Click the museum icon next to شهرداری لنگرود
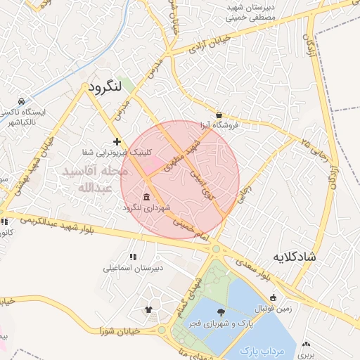click(146, 197)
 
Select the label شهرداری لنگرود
click(146, 208)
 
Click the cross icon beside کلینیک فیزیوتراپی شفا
click(117, 142)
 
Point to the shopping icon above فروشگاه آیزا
click(219, 115)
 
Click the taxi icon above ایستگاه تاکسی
click(22, 101)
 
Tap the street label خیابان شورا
click(120, 330)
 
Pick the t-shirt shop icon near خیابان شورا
click(148, 309)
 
